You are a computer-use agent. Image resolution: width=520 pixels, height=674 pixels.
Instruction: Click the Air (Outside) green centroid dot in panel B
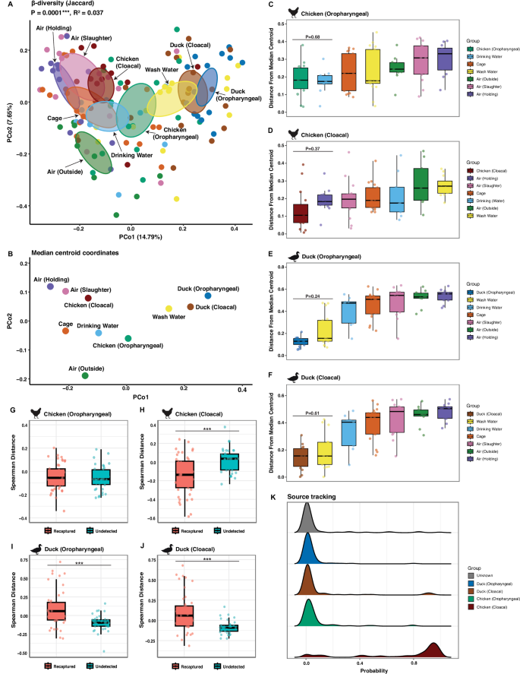85,375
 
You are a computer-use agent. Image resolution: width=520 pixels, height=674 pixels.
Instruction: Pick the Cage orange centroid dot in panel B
65,331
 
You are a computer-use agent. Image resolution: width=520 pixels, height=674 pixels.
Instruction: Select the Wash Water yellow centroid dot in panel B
169,308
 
